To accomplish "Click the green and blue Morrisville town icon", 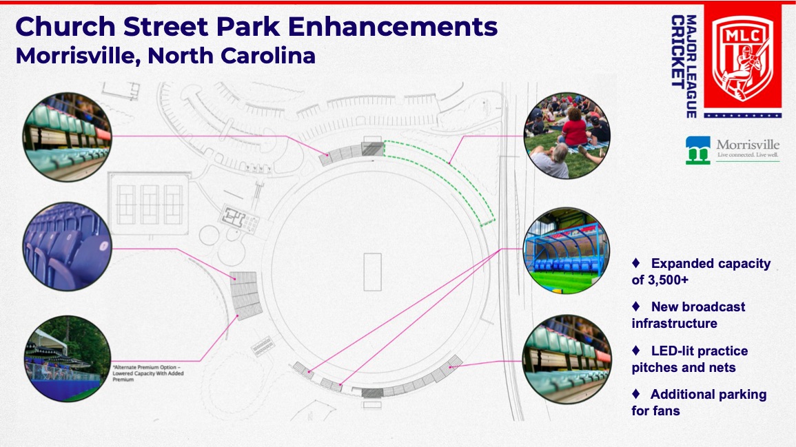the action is pos(698,150).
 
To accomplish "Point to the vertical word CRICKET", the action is pos(677,51).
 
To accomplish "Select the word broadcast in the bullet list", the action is pos(698,307).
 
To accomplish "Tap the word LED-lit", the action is pos(674,351).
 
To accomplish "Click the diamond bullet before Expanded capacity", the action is pos(636,263).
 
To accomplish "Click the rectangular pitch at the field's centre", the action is pos(373,272).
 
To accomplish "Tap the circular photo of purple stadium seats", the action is pos(67,247).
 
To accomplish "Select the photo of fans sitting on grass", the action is pos(567,136).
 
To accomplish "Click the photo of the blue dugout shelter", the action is pos(567,251).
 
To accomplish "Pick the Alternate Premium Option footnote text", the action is pos(147,373).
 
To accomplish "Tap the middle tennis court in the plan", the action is pos(150,205).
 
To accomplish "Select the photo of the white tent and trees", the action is pos(68,359).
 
